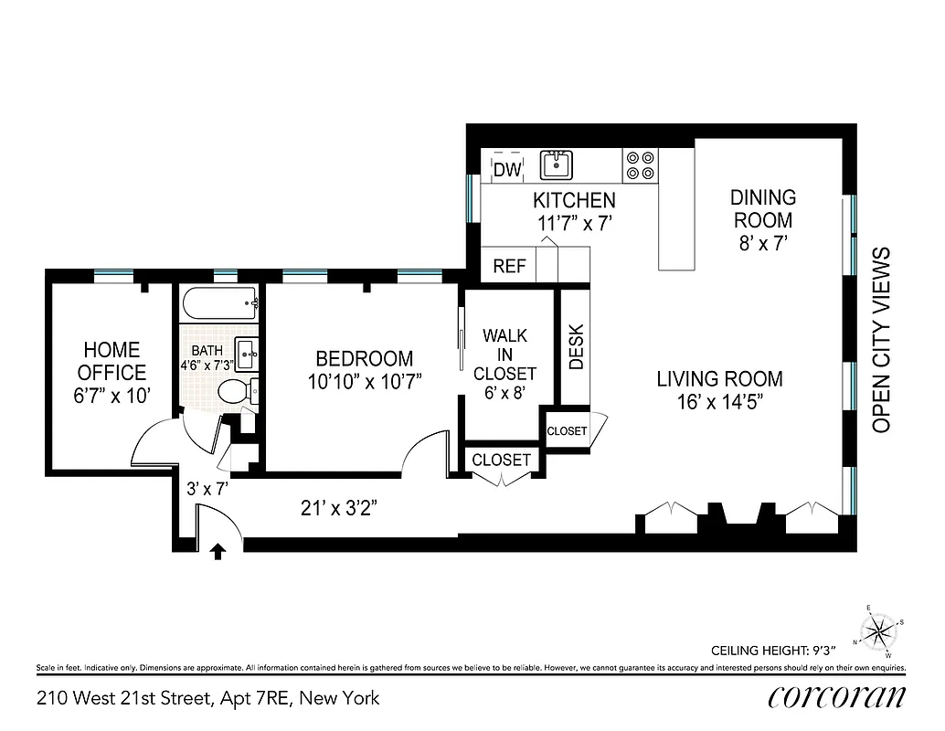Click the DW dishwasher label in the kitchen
tap(506, 169)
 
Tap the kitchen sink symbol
tap(555, 165)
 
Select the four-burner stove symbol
tap(641, 164)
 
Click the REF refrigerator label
tap(509, 266)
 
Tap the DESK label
tap(577, 347)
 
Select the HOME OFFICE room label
tap(111, 361)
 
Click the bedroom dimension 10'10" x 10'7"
tap(365, 381)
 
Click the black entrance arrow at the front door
tap(218, 551)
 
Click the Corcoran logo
tap(836, 697)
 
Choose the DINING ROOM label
tap(763, 208)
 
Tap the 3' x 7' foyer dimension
tap(207, 489)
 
